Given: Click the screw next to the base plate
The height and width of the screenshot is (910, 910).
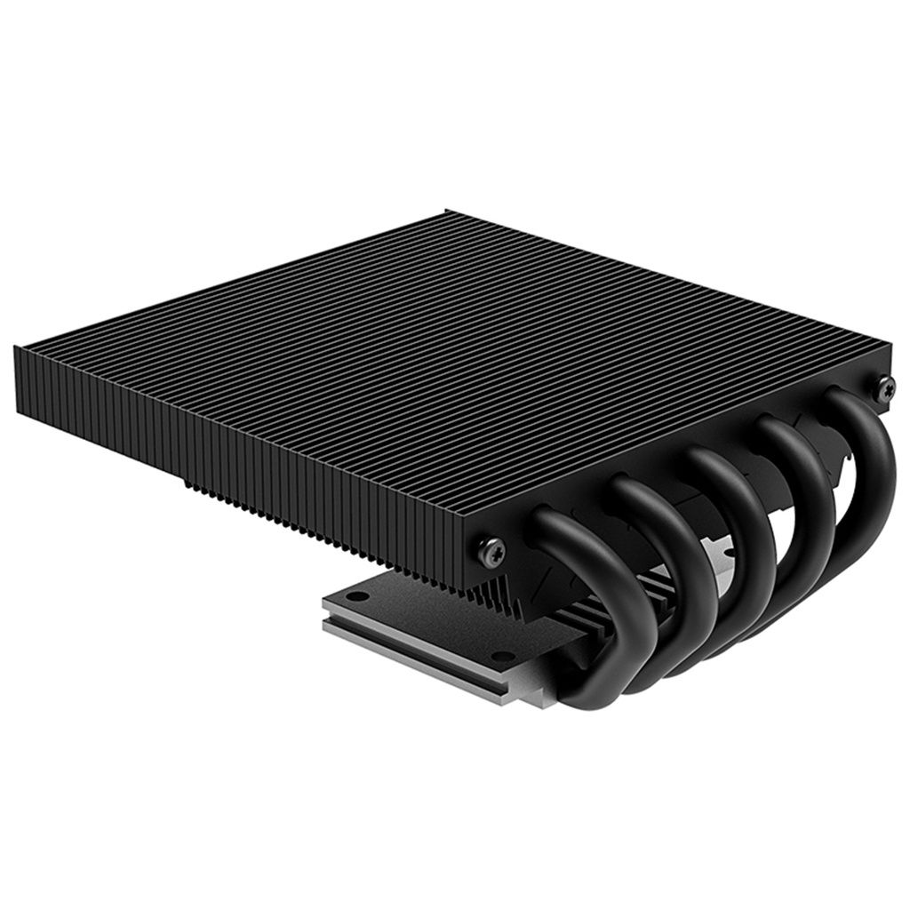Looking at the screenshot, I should pos(491,547).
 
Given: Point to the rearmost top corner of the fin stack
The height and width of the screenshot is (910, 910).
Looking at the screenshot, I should pos(447,212).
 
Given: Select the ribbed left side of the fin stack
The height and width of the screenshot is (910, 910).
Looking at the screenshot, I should pos(222,444).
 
